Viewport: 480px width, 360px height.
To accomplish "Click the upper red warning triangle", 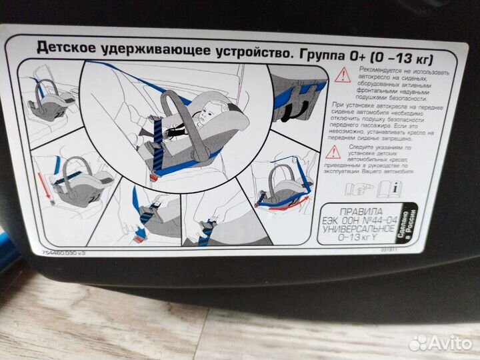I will click(343, 75).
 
